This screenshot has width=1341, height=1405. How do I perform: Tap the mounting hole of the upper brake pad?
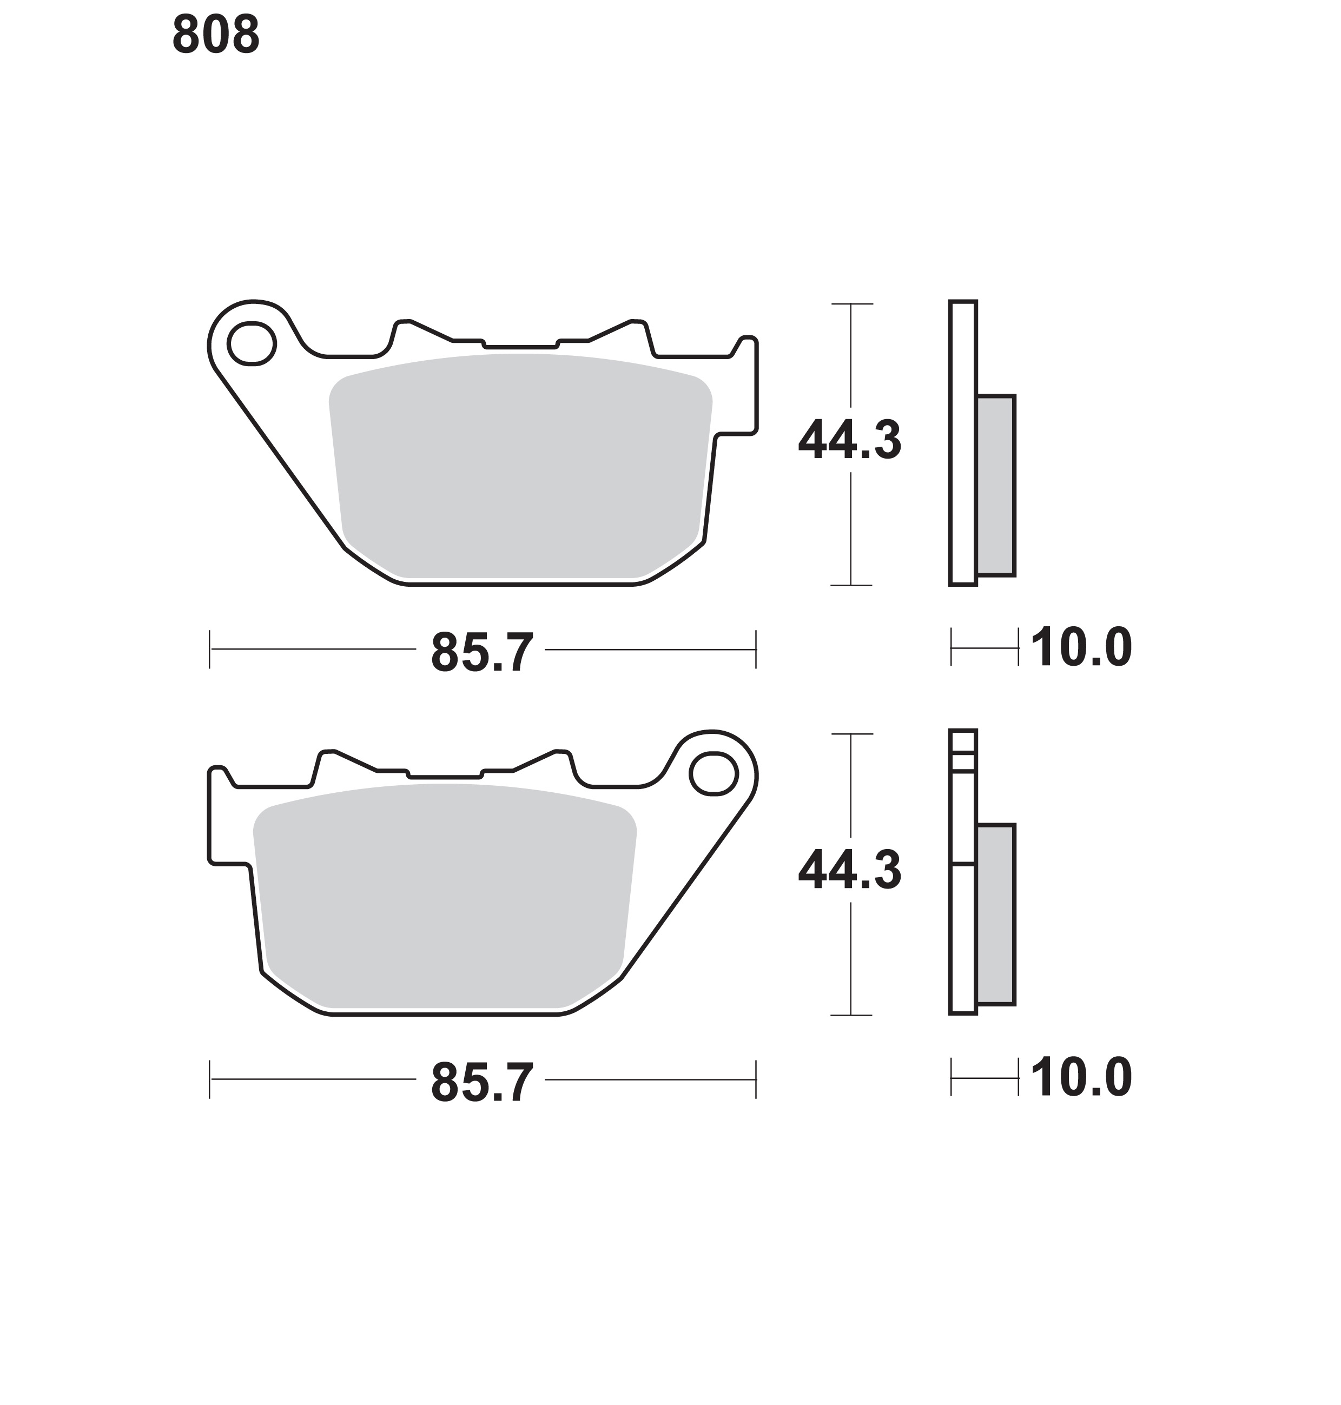pos(252,344)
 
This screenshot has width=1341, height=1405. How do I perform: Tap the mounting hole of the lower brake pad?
pos(714,773)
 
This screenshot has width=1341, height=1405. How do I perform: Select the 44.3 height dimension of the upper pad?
pos(849,440)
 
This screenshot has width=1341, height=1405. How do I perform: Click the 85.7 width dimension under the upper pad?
pos(482,652)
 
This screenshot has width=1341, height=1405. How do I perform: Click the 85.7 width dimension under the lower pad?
pos(482,1082)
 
